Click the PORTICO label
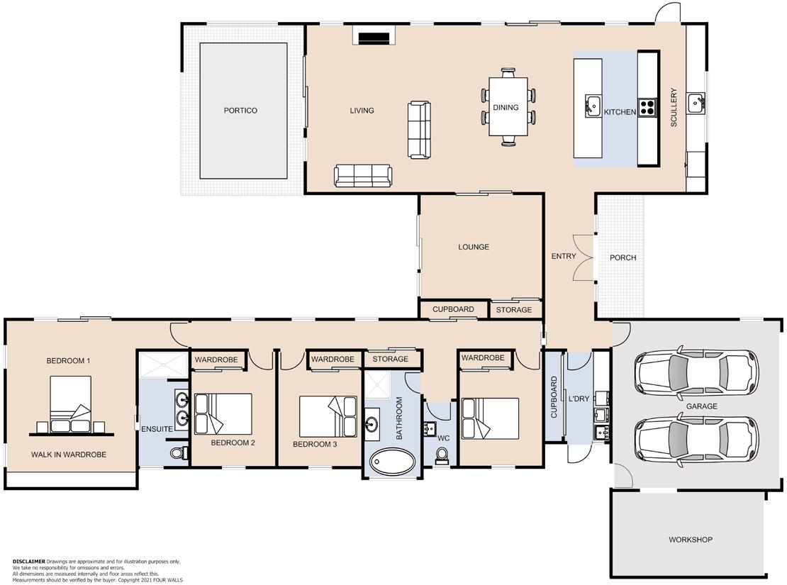point(240,111)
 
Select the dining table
point(508,106)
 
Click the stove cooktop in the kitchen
point(647,106)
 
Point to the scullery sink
point(696,103)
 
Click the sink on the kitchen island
point(593,106)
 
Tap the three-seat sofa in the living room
point(363,176)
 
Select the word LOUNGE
point(474,247)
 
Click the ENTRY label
point(564,256)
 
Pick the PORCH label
point(623,257)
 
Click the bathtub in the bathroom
point(393,461)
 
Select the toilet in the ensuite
point(178,453)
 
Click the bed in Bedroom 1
point(71,404)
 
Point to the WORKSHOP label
point(690,540)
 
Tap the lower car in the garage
point(696,440)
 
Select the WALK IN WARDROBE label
point(69,455)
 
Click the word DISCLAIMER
point(28,562)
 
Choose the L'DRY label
point(579,399)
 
